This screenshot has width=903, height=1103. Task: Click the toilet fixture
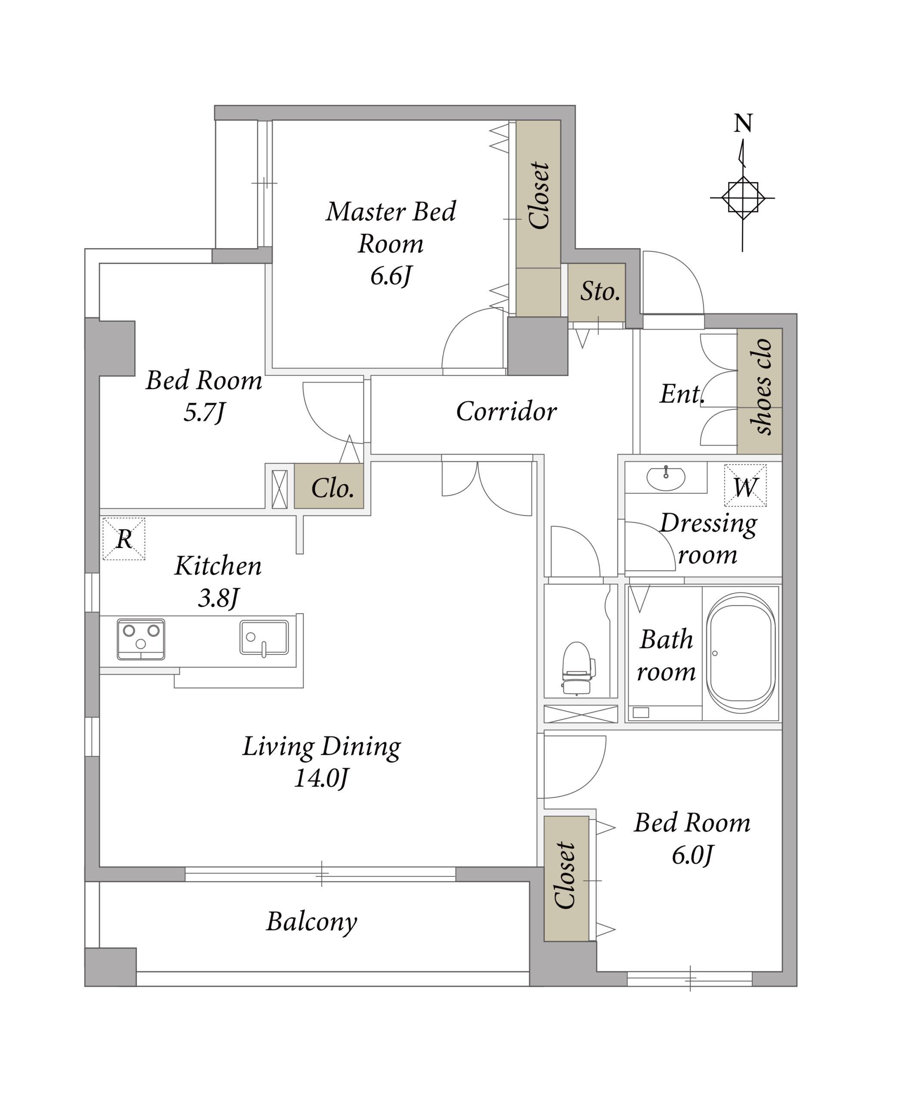tap(577, 668)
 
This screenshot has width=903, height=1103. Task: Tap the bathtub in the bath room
tap(741, 653)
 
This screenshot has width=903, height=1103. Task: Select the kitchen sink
tap(264, 637)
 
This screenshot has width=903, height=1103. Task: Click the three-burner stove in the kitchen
tap(141, 639)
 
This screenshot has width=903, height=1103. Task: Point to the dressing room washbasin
tap(666, 478)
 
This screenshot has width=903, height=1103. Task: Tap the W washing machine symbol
tap(745, 486)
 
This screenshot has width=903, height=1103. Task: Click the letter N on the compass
tap(743, 123)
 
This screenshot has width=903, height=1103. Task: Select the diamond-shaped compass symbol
tap(743, 198)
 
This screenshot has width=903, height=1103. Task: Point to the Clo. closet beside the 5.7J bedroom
tap(332, 488)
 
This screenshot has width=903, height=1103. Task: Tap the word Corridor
tap(506, 411)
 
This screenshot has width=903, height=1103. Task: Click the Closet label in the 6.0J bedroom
tap(565, 876)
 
